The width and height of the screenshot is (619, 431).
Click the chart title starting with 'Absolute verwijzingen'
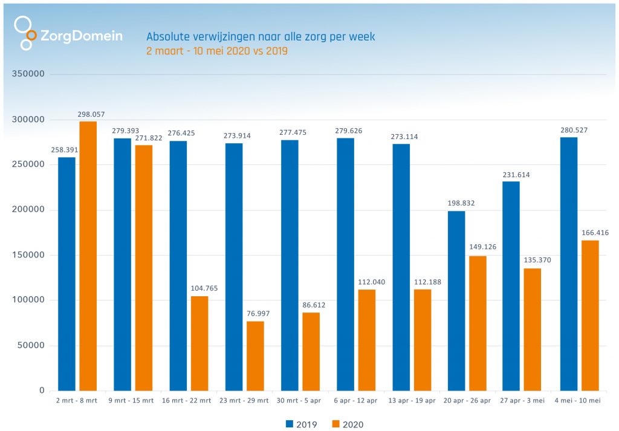pyautogui.click(x=261, y=37)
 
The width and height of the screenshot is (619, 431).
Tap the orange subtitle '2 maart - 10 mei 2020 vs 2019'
pyautogui.click(x=216, y=51)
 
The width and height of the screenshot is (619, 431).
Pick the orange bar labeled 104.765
pyautogui.click(x=199, y=343)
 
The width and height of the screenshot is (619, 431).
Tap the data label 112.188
pyautogui.click(x=422, y=282)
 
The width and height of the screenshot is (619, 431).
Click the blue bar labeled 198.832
pyautogui.click(x=456, y=300)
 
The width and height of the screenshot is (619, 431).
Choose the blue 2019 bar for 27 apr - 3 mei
pyautogui.click(x=511, y=286)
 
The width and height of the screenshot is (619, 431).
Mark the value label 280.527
pyautogui.click(x=574, y=130)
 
